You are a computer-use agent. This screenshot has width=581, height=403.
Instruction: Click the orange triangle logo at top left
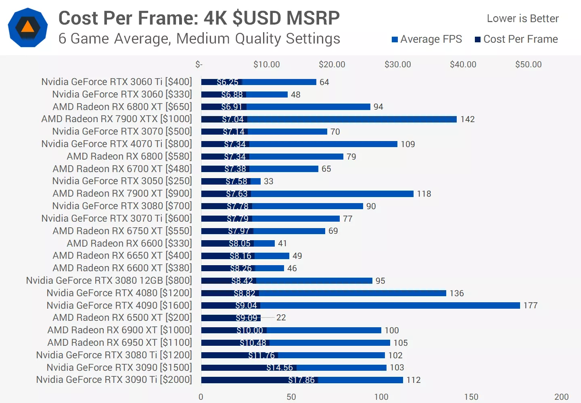pyautogui.click(x=27, y=27)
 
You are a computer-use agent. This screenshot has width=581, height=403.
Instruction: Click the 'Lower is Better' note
pyautogui.click(x=522, y=19)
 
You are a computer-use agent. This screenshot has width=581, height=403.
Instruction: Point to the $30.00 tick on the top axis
pyautogui.click(x=397, y=64)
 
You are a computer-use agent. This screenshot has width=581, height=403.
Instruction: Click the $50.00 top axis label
pyautogui.click(x=528, y=64)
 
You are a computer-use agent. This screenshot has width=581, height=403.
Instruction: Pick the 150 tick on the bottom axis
pyautogui.click(x=471, y=397)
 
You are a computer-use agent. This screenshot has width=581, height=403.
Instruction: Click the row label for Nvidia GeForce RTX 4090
pyautogui.click(x=119, y=305)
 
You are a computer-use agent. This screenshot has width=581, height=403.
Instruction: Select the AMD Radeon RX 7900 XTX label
pyautogui.click(x=117, y=119)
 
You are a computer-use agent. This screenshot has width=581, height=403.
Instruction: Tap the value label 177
pyautogui.click(x=531, y=305)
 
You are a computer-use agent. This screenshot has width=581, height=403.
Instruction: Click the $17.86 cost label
pyautogui.click(x=301, y=380)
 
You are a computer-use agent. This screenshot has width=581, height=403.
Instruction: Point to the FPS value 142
pyautogui.click(x=468, y=119)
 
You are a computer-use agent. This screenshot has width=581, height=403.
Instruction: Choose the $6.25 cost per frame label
pyautogui.click(x=228, y=82)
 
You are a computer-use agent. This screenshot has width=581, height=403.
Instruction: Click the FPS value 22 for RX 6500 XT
pyautogui.click(x=281, y=318)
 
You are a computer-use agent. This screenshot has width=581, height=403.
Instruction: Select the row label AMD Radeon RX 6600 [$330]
pyautogui.click(x=129, y=243)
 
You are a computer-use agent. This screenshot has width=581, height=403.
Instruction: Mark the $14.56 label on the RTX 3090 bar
pyautogui.click(x=280, y=368)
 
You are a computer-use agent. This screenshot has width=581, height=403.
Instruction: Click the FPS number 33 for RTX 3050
pyautogui.click(x=268, y=181)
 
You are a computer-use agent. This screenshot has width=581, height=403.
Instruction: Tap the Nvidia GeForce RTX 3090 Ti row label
pyautogui.click(x=114, y=380)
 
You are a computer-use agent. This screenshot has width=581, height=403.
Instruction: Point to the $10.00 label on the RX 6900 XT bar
pyautogui.click(x=250, y=330)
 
